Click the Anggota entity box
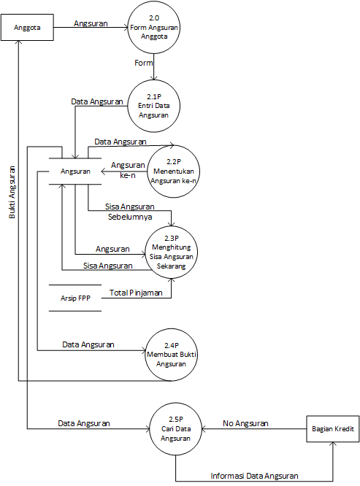click(27, 28)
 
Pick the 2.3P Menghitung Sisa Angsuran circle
click(172, 252)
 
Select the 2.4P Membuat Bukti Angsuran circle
click(172, 355)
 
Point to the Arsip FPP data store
click(75, 298)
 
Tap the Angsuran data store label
click(75, 171)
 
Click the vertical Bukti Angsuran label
click(12, 190)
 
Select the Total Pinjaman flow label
click(136, 293)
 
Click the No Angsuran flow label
click(245, 423)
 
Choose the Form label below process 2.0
click(143, 63)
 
